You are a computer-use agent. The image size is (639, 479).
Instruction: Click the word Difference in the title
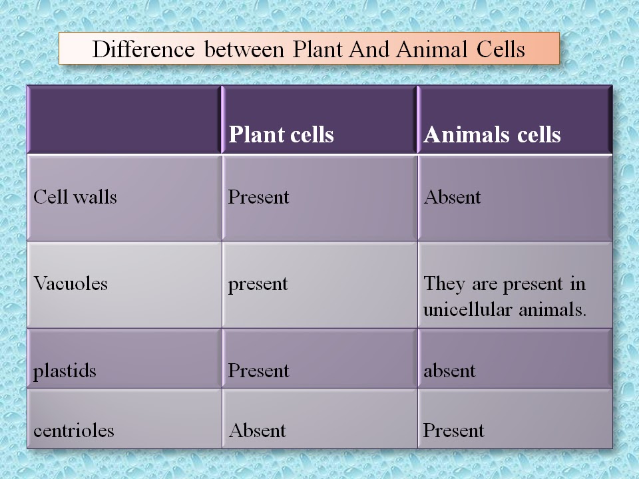point(144,49)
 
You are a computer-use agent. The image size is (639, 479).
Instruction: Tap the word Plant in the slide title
point(318,49)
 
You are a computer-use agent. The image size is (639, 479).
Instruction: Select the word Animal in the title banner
point(431,49)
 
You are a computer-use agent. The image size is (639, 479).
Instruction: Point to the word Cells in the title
point(501,49)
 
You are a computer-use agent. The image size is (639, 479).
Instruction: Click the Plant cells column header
point(281,134)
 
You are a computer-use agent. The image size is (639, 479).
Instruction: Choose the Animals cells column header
point(493,134)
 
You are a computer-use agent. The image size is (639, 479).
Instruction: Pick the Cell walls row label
point(75,197)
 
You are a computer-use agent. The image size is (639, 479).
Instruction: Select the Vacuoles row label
point(71,283)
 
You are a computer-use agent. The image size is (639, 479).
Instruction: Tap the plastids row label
point(65,371)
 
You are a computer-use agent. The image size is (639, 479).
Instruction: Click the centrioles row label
point(74,430)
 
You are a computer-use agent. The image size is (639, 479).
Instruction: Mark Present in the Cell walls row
point(258,197)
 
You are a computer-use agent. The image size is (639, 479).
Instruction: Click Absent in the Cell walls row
point(453,197)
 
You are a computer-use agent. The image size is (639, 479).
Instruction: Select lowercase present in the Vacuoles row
point(258,284)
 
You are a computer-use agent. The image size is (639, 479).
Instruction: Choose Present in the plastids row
point(258,371)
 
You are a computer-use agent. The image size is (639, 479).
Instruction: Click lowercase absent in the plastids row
point(449,371)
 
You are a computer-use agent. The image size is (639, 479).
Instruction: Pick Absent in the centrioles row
point(258,430)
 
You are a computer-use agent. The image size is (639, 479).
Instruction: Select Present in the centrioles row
point(453,430)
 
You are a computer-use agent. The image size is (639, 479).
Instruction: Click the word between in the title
point(244,49)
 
